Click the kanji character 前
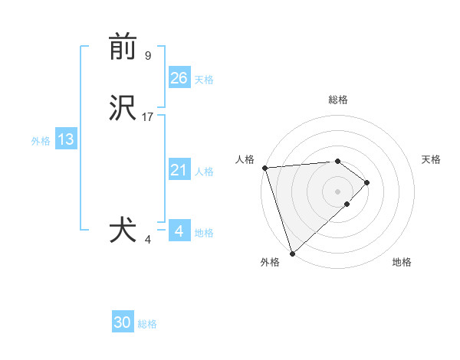[x=123, y=47]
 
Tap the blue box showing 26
[x=179, y=78]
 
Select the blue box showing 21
[x=179, y=171]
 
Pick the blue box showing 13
[x=65, y=140]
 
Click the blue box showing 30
[x=123, y=322]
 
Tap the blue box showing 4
[x=179, y=231]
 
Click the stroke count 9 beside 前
[x=148, y=55]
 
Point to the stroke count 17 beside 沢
[x=148, y=117]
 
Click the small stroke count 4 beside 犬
[x=148, y=240]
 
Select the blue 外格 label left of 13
[x=41, y=141]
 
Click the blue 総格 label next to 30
[x=147, y=324]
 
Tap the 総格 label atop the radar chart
[x=338, y=100]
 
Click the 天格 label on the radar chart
[x=431, y=159]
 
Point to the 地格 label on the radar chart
[x=402, y=262]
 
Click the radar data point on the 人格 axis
[x=264, y=168]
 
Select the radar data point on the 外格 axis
[x=292, y=253]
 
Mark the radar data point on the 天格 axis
[x=367, y=182]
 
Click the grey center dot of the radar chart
[x=338, y=191]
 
